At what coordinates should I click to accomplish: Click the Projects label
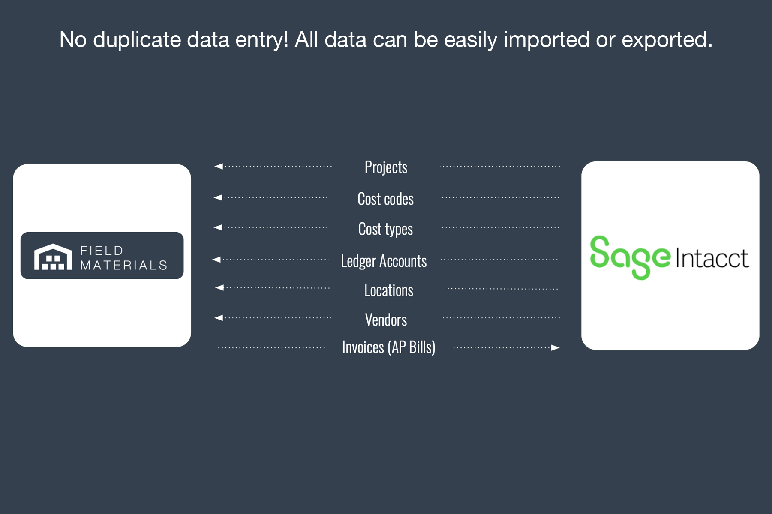[x=386, y=167]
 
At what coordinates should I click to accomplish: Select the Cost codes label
[x=385, y=199]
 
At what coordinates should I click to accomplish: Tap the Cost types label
[x=385, y=229]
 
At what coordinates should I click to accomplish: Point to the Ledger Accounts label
[x=384, y=261]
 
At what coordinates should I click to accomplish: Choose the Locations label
[x=389, y=290]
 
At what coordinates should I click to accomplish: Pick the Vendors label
[x=386, y=320]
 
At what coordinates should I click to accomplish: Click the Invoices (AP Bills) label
[x=389, y=347]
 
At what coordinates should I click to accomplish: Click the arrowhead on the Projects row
[x=219, y=166]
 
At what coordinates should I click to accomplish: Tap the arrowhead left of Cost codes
[x=218, y=197]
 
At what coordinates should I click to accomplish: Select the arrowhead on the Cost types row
[x=218, y=227]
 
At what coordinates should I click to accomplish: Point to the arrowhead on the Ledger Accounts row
[x=216, y=260]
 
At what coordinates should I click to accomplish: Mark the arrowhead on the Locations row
[x=219, y=287]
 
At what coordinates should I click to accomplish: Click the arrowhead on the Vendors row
[x=219, y=318]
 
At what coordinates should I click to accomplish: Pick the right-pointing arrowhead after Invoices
[x=556, y=347]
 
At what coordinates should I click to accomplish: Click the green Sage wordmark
[x=630, y=257]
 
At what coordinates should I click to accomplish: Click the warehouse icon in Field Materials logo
[x=53, y=257]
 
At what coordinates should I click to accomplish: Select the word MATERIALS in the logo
[x=123, y=266]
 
